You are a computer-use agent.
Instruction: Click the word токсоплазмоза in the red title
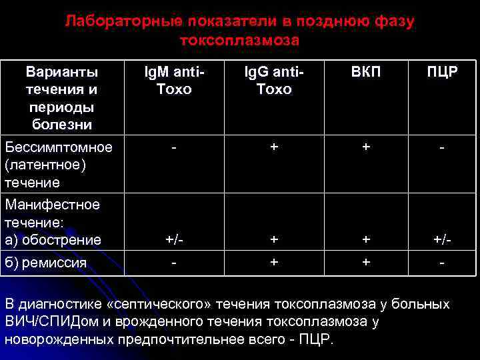click(239, 41)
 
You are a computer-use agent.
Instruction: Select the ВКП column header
click(366, 72)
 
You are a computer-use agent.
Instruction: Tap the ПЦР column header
click(442, 72)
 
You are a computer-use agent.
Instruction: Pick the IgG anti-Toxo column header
click(273, 80)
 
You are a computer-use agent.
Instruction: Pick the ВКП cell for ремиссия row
click(366, 263)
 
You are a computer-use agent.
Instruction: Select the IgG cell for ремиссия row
click(273, 263)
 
